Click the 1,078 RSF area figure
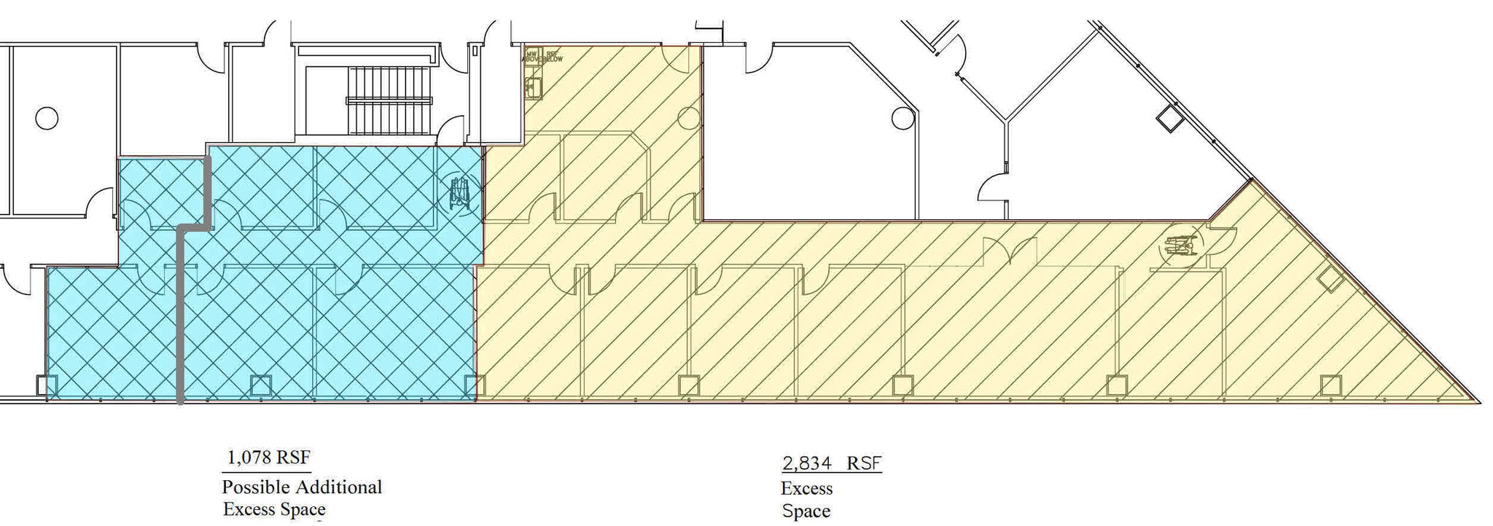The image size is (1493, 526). point(268,458)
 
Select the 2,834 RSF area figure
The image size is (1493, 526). point(831,463)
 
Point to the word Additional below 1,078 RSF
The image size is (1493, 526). point(346,487)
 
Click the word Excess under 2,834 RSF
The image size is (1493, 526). point(806,488)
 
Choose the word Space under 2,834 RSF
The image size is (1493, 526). point(806,511)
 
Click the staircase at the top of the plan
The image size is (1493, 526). point(392,100)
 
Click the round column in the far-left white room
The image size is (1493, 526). point(47,118)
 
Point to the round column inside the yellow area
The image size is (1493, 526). point(689,117)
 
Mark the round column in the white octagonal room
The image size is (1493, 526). point(903,118)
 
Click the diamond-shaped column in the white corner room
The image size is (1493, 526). point(1169,119)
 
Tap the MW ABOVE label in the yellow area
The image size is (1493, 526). point(531,55)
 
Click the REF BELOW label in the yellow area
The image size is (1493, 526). point(553,55)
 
